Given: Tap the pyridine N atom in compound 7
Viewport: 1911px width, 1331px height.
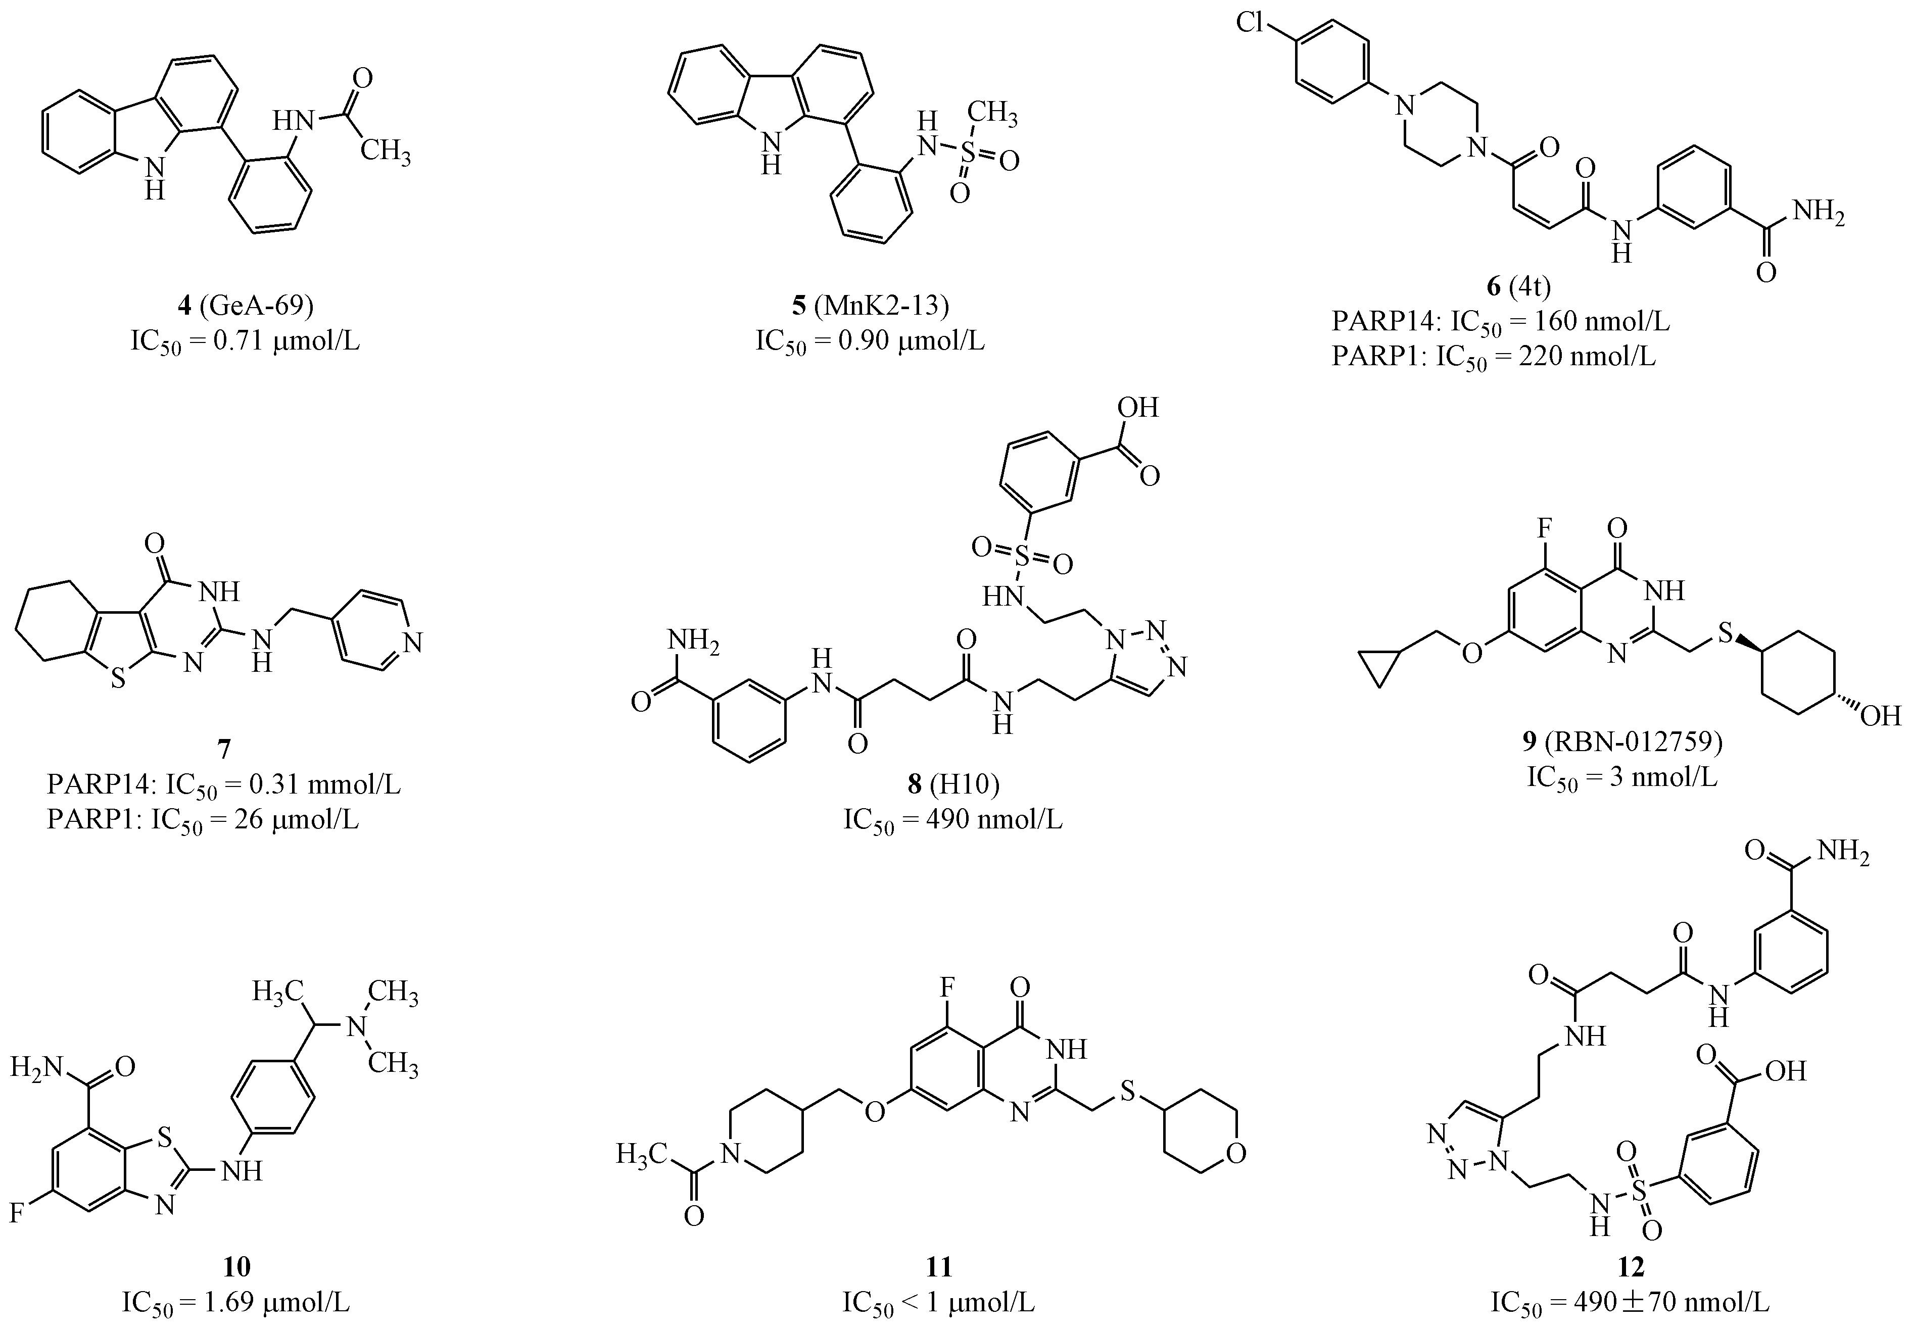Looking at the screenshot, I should [413, 642].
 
